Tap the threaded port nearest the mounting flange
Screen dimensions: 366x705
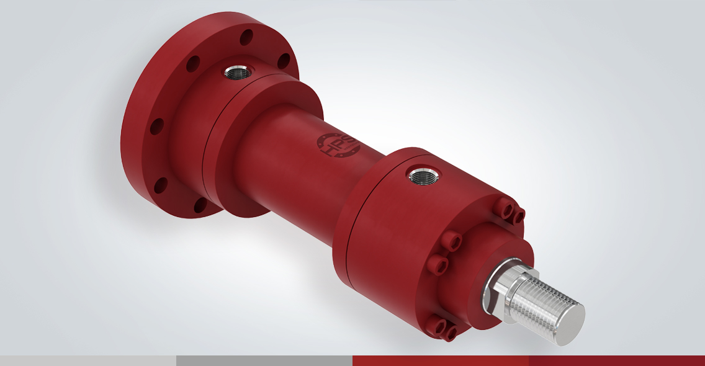tap(236, 73)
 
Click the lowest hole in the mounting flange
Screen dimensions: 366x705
tap(200, 205)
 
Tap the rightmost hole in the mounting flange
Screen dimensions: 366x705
tap(283, 61)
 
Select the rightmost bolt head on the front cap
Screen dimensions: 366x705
tap(519, 215)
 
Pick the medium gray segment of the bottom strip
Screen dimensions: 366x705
tap(264, 360)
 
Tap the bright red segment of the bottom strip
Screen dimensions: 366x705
tap(441, 360)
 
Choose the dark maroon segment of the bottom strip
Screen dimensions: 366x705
tap(617, 360)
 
